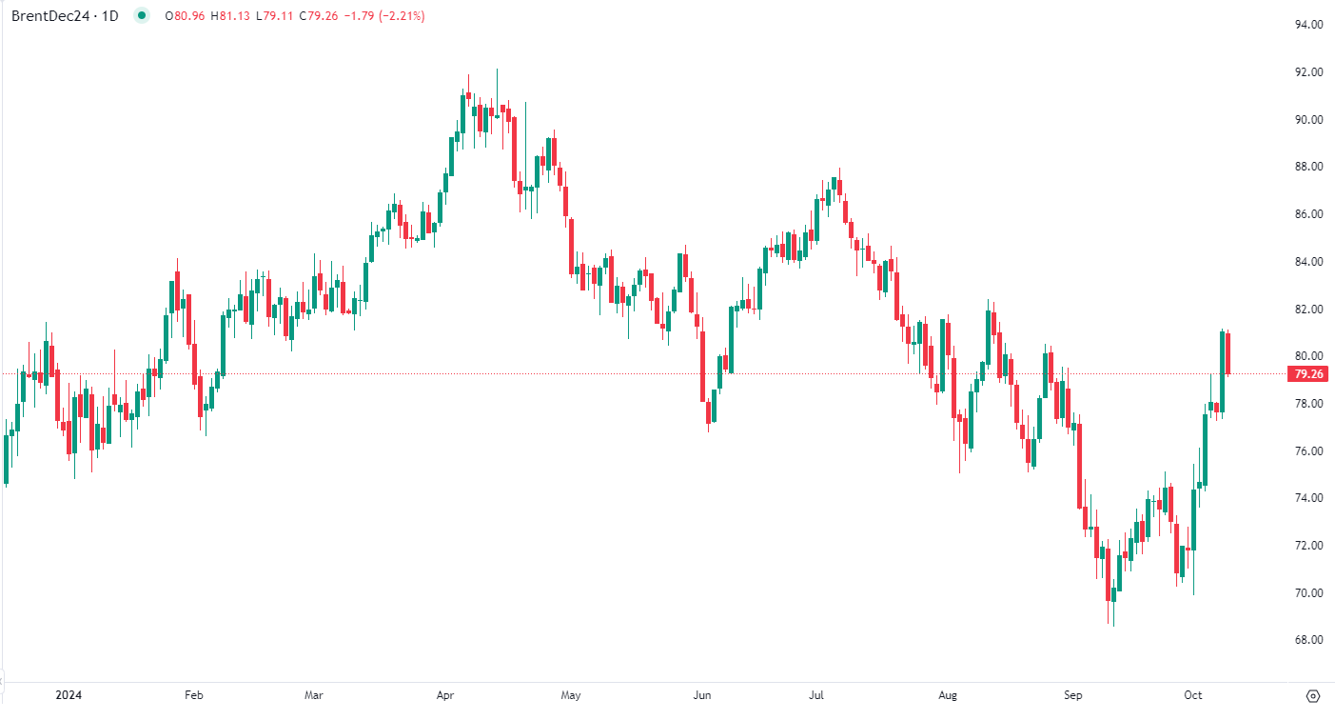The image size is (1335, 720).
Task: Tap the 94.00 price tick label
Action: click(1308, 25)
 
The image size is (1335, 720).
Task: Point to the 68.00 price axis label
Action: click(1308, 640)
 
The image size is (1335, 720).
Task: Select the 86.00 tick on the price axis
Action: click(1308, 214)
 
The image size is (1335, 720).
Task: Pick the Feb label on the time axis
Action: click(193, 695)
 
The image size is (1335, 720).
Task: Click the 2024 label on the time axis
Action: click(69, 695)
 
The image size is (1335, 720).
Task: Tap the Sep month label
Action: click(1073, 695)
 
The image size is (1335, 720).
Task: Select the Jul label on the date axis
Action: click(817, 695)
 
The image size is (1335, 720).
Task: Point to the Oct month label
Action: click(1194, 695)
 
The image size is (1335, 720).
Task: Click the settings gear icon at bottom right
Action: click(1313, 695)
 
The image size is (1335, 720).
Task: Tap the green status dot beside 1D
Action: click(143, 15)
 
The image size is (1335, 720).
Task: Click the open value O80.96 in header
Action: click(185, 16)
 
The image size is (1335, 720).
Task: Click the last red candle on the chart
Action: click(1228, 352)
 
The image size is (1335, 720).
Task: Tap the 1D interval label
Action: click(109, 16)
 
